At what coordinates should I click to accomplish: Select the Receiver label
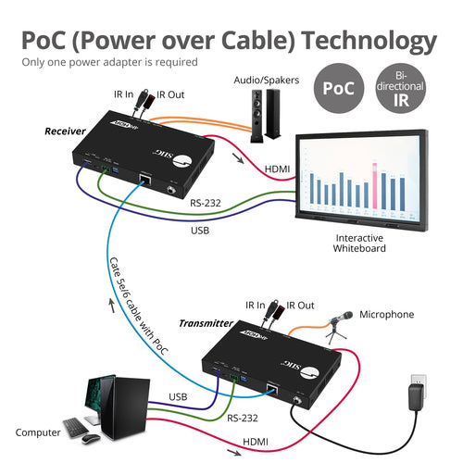(x=65, y=131)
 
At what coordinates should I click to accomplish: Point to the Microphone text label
(x=386, y=315)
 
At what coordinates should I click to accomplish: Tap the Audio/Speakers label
(x=268, y=81)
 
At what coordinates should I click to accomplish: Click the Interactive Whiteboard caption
(x=361, y=243)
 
